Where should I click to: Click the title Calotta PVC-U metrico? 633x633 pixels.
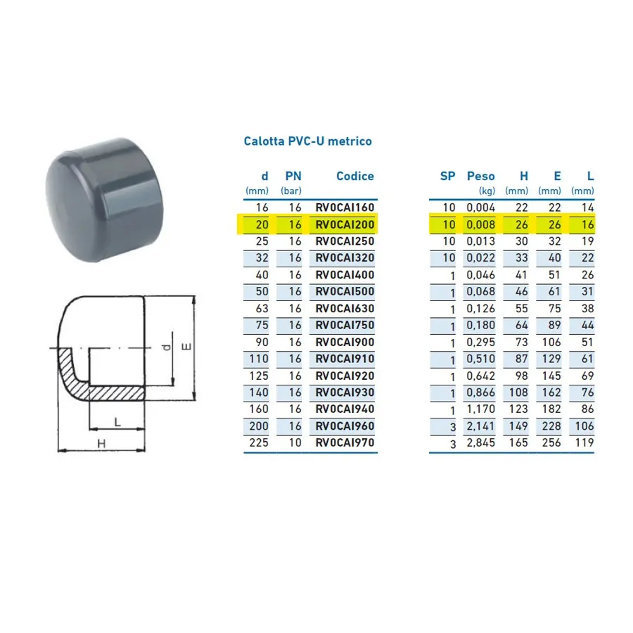[307, 141]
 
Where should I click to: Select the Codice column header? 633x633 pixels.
[355, 176]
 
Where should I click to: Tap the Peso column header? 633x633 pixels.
[480, 176]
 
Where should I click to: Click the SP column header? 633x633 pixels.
[447, 176]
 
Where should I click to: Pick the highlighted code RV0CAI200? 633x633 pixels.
[345, 224]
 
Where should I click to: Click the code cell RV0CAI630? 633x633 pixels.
[345, 309]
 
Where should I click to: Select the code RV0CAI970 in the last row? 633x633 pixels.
[345, 442]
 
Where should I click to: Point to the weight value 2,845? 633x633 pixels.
[480, 442]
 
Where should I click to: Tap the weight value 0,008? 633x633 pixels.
[480, 224]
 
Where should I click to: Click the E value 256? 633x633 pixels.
[551, 442]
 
